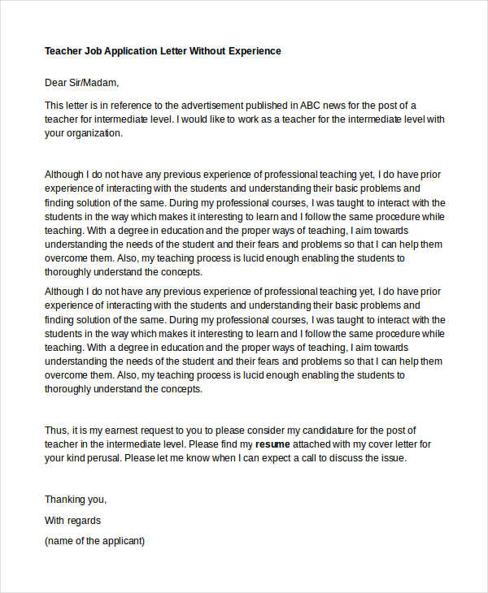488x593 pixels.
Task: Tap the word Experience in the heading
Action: point(252,50)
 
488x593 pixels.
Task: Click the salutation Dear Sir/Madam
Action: point(81,82)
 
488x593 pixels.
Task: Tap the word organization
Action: point(94,134)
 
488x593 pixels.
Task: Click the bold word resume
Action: point(273,444)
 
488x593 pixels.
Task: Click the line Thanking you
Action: point(76,500)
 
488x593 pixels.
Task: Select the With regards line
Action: point(72,520)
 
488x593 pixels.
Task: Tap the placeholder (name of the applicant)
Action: point(94,540)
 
